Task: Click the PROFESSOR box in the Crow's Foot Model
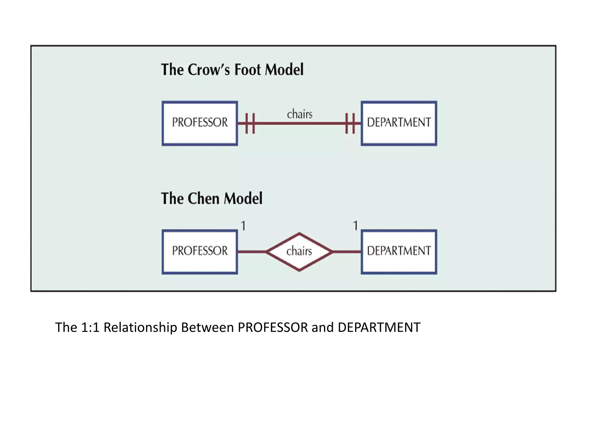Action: pyautogui.click(x=200, y=123)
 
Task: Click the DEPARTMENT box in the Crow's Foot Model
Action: pyautogui.click(x=399, y=123)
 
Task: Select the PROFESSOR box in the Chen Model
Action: pyautogui.click(x=200, y=251)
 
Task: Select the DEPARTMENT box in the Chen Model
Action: pyautogui.click(x=399, y=251)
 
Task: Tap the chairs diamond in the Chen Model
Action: pyautogui.click(x=299, y=251)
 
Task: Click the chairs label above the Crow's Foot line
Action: pyautogui.click(x=300, y=114)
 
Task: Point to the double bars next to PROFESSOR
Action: pyautogui.click(x=250, y=123)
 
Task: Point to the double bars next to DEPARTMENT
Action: pyautogui.click(x=350, y=123)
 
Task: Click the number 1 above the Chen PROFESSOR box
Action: pyautogui.click(x=244, y=226)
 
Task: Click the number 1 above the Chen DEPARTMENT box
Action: pyautogui.click(x=356, y=226)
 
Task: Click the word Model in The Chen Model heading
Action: pyautogui.click(x=243, y=198)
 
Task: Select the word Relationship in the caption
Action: pyautogui.click(x=140, y=328)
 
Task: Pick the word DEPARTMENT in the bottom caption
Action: pyautogui.click(x=379, y=327)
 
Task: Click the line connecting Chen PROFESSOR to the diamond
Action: pyautogui.click(x=252, y=252)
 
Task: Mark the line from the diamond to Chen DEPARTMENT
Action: pyautogui.click(x=347, y=252)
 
